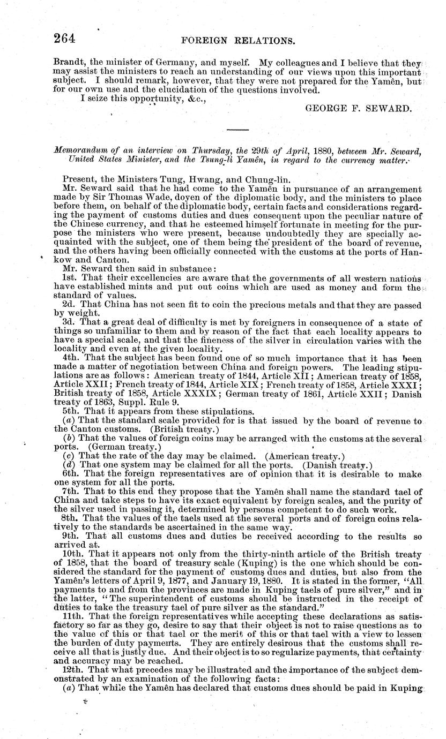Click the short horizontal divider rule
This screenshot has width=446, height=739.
[237, 130]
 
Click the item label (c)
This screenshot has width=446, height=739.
[69, 455]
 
